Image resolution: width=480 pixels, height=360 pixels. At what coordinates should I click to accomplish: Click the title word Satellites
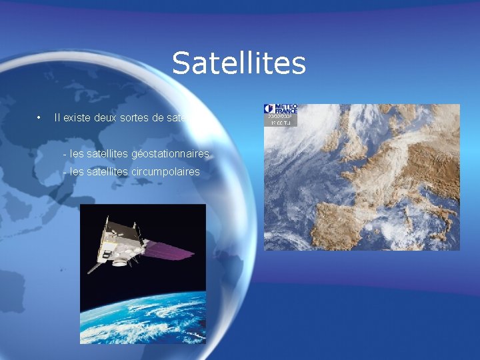(239, 63)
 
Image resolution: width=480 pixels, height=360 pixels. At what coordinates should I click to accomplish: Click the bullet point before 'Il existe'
(41, 118)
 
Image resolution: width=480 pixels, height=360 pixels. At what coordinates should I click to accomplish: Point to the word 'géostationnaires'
(170, 154)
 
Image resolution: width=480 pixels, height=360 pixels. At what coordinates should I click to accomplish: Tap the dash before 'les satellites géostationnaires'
(64, 154)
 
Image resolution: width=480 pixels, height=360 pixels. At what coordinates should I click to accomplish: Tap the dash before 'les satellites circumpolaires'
(64, 171)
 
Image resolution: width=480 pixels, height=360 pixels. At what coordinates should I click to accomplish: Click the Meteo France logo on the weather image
(280, 109)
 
